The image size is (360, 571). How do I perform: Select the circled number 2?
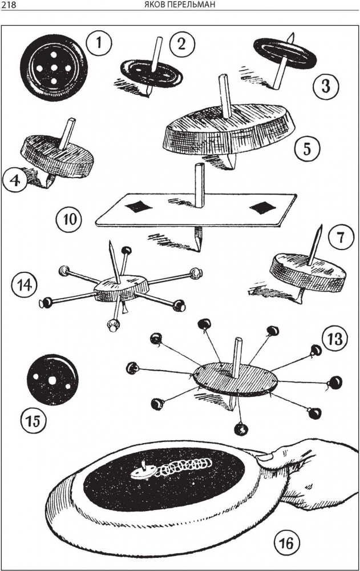pyautogui.click(x=181, y=45)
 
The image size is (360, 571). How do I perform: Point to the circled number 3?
pyautogui.click(x=326, y=86)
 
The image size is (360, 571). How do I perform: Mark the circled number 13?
pyautogui.click(x=334, y=339)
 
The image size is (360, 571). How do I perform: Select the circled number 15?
pyautogui.click(x=33, y=422)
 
